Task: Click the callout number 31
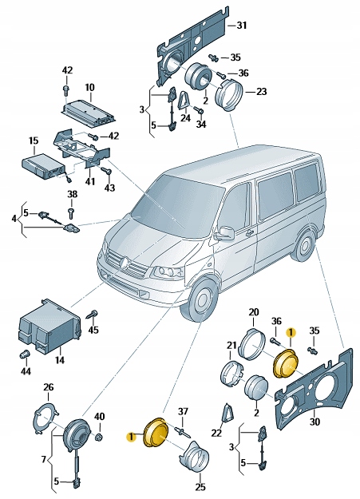click(243, 26)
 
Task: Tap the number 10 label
click(89, 87)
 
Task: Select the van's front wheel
click(203, 303)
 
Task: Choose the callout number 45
click(93, 330)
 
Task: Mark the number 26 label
click(48, 388)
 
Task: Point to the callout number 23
click(261, 91)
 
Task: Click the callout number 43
click(109, 188)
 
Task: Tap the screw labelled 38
click(72, 213)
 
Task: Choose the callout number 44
click(26, 372)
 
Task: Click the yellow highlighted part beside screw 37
click(153, 434)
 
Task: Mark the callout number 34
click(200, 125)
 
